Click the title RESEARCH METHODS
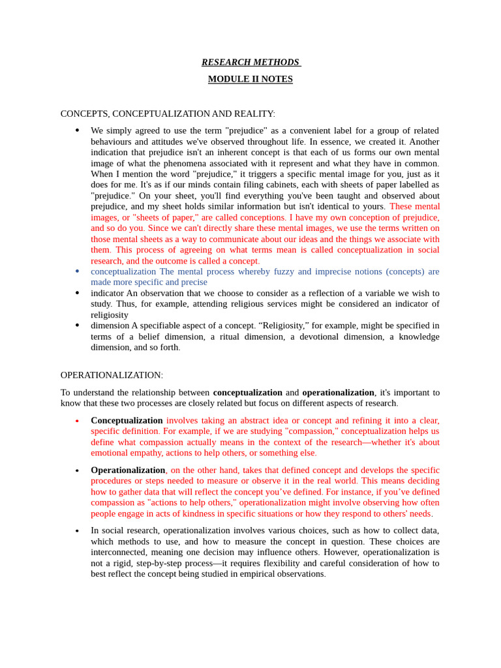tap(250, 63)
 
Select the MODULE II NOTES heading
tap(250, 79)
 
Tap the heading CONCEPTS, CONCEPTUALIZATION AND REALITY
tap(168, 114)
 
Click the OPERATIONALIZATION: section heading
tap(112, 375)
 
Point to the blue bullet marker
tap(77, 271)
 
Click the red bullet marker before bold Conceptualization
tap(77, 421)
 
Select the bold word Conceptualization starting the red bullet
tap(127, 420)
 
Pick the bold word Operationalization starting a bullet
tap(128, 470)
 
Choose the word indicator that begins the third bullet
tap(107, 293)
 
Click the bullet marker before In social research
tap(77, 531)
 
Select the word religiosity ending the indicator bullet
tap(110, 314)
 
